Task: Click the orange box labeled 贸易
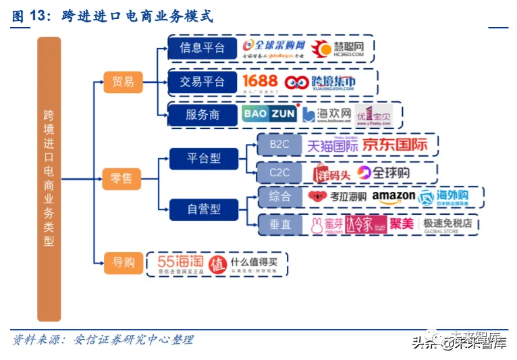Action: coord(122,82)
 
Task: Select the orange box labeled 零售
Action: coord(122,179)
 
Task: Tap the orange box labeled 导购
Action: coord(122,262)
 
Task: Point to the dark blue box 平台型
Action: coord(203,159)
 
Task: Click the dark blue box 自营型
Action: coord(203,209)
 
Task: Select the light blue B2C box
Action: coord(279,145)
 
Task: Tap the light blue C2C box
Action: coord(279,173)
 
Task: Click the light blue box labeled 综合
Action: coord(279,197)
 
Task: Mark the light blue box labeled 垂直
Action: coord(279,224)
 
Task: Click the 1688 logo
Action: coord(260,82)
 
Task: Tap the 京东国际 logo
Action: coord(395,145)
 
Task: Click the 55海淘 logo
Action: coord(179,261)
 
